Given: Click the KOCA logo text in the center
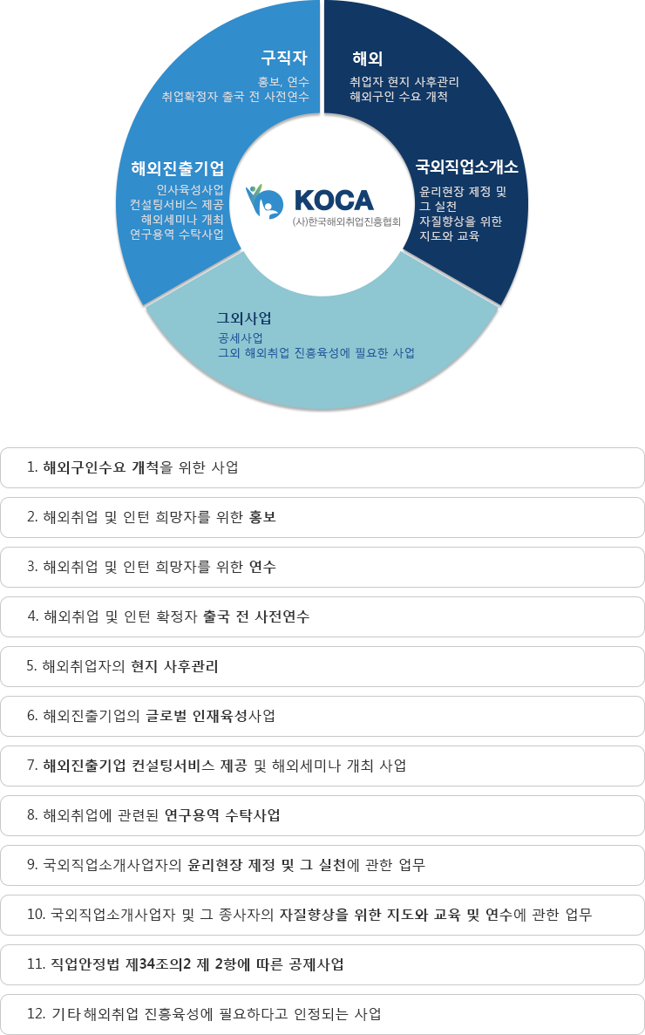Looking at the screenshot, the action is (x=334, y=200).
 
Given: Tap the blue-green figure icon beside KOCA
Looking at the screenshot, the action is (x=264, y=201).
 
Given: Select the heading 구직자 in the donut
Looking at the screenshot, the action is (x=284, y=58).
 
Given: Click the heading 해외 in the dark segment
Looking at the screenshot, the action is (x=367, y=58).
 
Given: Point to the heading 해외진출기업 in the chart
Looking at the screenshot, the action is (x=178, y=168).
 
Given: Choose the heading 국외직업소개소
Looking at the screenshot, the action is (x=466, y=167).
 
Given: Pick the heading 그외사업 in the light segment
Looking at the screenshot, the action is (x=244, y=318).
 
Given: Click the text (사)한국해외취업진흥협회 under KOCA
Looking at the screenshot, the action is (x=346, y=221).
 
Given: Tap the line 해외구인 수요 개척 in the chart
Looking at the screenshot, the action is (x=399, y=97).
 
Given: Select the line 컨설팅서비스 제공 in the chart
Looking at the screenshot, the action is (x=177, y=205).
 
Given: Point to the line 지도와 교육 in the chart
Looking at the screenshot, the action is (x=449, y=235).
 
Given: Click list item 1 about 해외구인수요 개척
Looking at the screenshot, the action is (x=322, y=468).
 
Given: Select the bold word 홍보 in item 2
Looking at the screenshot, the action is (x=262, y=517).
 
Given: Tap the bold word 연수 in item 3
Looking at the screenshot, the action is (x=262, y=567).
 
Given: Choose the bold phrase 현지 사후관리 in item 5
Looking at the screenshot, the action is (x=175, y=666).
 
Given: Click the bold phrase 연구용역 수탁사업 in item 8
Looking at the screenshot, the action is (x=222, y=815).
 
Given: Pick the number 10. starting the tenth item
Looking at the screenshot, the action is (x=36, y=914).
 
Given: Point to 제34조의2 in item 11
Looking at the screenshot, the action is (x=161, y=964).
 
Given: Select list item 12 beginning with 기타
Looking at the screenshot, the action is (x=322, y=1014).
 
